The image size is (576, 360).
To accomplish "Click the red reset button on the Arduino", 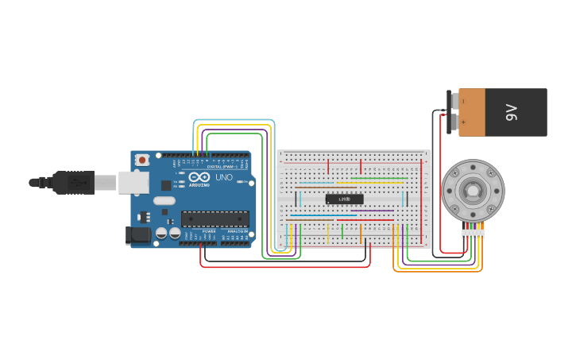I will (x=142, y=160).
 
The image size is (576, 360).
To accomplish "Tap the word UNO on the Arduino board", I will (x=224, y=177).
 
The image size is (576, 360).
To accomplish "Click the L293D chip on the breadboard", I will (x=344, y=199).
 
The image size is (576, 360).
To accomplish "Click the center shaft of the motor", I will (x=472, y=191).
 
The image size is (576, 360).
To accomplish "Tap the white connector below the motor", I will (x=473, y=233).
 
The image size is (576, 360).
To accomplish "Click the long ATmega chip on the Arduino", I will (x=215, y=219).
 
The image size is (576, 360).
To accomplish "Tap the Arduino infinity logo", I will (x=199, y=176).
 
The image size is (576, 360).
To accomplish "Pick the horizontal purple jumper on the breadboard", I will (x=372, y=211).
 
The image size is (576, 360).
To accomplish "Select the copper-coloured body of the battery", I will (x=472, y=112).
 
